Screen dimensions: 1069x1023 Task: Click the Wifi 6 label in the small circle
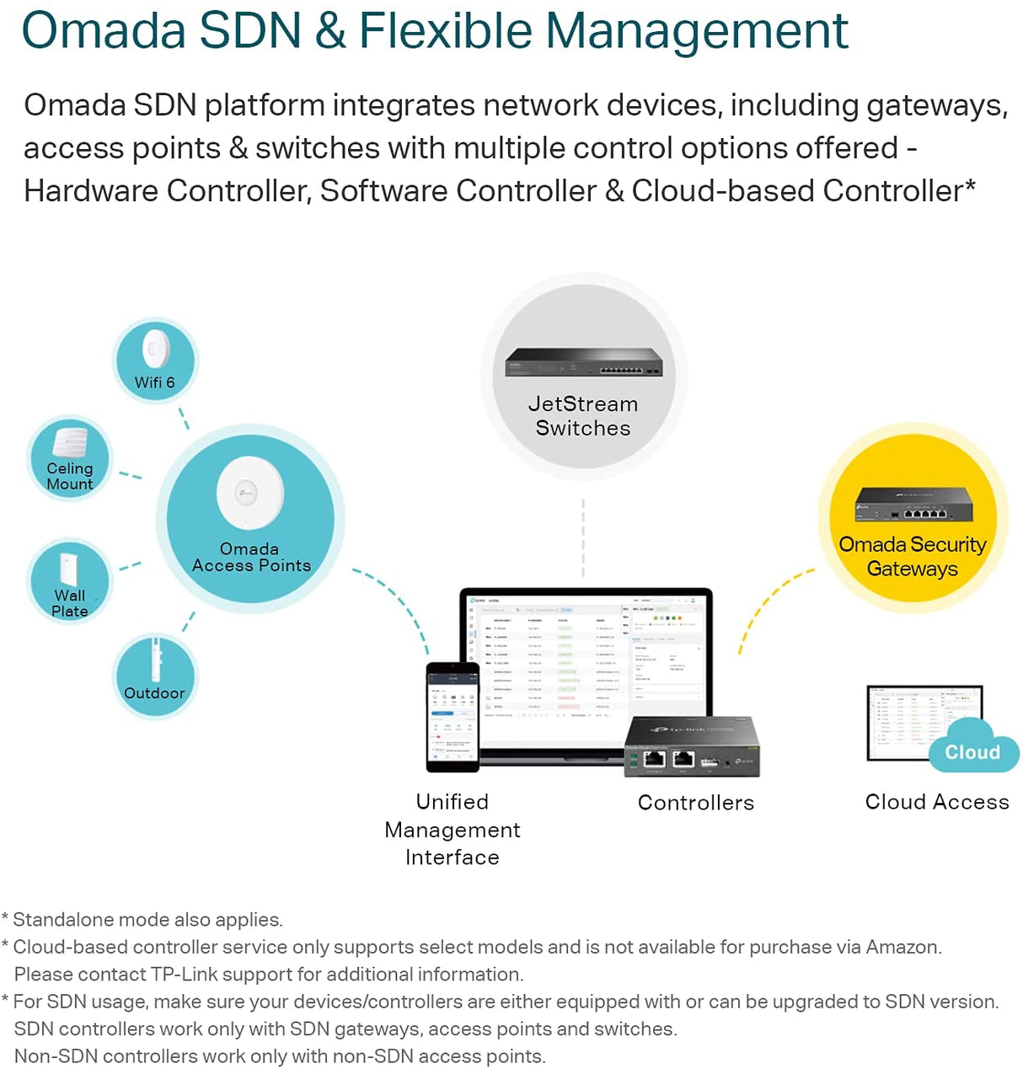pyautogui.click(x=155, y=382)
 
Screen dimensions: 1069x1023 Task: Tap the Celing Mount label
pyautogui.click(x=70, y=476)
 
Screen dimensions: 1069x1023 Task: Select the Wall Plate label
pyautogui.click(x=70, y=603)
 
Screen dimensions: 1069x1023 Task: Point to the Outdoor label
pyautogui.click(x=154, y=693)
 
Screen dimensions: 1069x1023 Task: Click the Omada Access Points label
pyautogui.click(x=251, y=558)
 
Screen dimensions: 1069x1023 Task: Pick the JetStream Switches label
pyautogui.click(x=583, y=416)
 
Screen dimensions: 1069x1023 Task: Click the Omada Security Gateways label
pyautogui.click(x=913, y=556)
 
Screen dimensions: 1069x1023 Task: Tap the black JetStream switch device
pyautogui.click(x=583, y=363)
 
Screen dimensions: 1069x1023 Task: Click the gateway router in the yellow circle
pyautogui.click(x=914, y=505)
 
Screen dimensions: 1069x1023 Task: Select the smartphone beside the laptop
pyautogui.click(x=453, y=717)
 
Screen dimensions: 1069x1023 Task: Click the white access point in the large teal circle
pyautogui.click(x=249, y=493)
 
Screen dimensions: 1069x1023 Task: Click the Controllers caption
pyautogui.click(x=696, y=803)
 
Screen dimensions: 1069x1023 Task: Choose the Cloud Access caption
pyautogui.click(x=937, y=802)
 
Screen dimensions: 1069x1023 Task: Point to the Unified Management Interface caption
pyautogui.click(x=453, y=830)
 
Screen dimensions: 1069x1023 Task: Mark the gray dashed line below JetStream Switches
pyautogui.click(x=583, y=539)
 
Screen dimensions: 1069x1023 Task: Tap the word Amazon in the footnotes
pyautogui.click(x=902, y=947)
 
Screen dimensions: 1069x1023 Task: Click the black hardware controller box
pyautogui.click(x=692, y=746)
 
